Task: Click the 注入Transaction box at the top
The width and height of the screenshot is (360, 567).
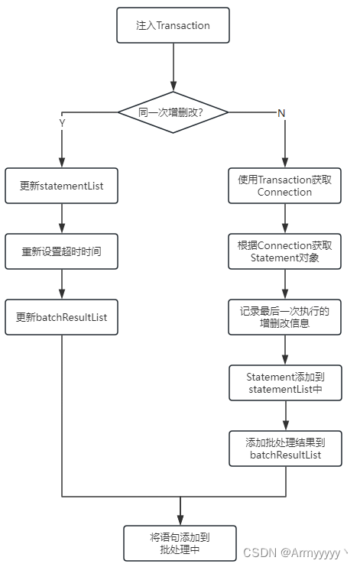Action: click(x=174, y=25)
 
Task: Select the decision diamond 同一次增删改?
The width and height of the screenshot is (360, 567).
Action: click(x=174, y=112)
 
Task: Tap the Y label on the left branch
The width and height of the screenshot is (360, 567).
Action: click(x=62, y=122)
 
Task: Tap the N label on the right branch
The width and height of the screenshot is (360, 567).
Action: click(x=281, y=112)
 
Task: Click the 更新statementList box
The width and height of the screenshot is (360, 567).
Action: click(x=61, y=186)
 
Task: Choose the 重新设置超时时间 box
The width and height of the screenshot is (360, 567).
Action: click(x=61, y=251)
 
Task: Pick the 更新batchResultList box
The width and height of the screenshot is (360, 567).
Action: click(x=61, y=317)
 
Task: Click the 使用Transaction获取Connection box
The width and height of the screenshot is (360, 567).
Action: click(x=285, y=186)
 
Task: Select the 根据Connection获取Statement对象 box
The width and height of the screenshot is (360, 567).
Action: click(x=285, y=251)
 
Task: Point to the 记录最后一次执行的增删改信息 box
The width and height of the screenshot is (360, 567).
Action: click(x=285, y=317)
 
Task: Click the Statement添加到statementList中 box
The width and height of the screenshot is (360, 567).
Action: click(x=285, y=383)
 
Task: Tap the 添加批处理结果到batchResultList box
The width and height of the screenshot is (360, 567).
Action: click(x=285, y=448)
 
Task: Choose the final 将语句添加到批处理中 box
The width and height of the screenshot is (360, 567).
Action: click(x=180, y=543)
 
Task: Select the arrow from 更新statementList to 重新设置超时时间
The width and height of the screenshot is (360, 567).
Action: click(x=61, y=219)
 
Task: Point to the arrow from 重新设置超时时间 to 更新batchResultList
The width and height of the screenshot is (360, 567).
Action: click(x=61, y=284)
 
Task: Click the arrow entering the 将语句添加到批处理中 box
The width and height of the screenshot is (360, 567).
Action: click(x=180, y=510)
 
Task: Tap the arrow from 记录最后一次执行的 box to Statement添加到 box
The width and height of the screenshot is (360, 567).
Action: click(x=285, y=350)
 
